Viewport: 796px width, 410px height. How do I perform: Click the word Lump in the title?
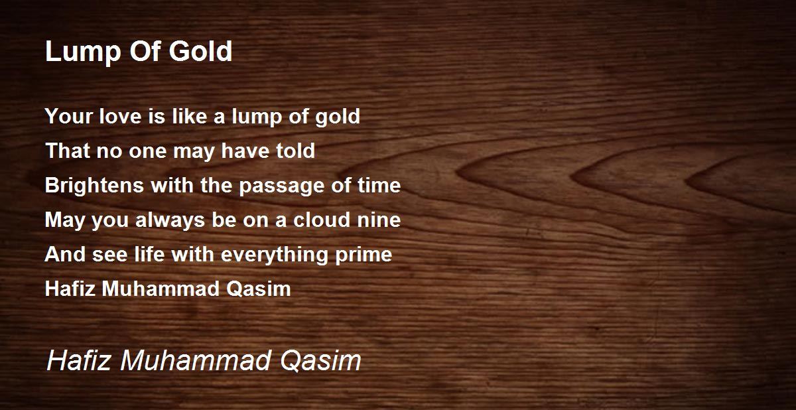pyautogui.click(x=83, y=52)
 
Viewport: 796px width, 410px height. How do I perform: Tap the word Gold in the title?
pyautogui.click(x=200, y=51)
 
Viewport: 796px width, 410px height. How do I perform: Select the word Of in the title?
pyautogui.click(x=145, y=51)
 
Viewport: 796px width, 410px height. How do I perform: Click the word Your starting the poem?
pyautogui.click(x=68, y=116)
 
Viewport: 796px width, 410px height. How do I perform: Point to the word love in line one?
pyautogui.click(x=120, y=116)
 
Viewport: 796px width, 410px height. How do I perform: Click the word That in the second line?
pyautogui.click(x=67, y=151)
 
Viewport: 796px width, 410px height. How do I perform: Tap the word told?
pyautogui.click(x=296, y=151)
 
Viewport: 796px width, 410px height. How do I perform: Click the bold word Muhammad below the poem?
pyautogui.click(x=161, y=289)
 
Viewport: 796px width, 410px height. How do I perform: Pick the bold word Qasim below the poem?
pyautogui.click(x=259, y=289)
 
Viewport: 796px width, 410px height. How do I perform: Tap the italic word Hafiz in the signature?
pyautogui.click(x=78, y=360)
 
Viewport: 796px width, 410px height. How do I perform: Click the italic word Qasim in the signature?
pyautogui.click(x=320, y=361)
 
